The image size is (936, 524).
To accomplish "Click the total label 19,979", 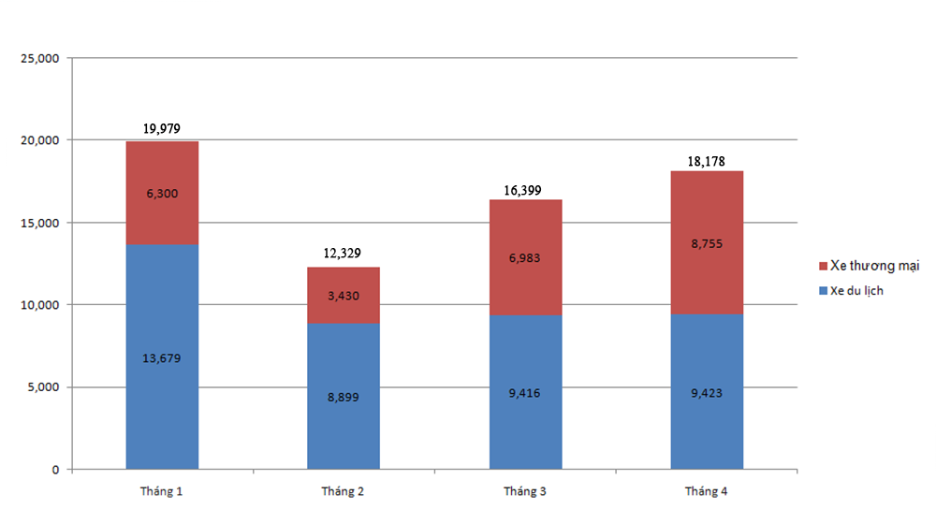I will coord(162,129).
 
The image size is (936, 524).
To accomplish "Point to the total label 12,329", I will coord(344,254).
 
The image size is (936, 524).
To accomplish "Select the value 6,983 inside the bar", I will coord(525,257).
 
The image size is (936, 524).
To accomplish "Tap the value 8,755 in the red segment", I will coord(707,243).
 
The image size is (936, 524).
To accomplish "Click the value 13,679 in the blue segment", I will coord(162,357).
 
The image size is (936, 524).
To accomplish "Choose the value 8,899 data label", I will coord(344,397).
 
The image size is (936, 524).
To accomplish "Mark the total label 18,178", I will coord(707,161).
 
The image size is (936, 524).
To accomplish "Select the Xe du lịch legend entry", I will coord(856,291).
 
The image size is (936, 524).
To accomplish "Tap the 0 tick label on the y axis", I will coord(55,470).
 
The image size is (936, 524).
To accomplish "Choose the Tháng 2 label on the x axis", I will coord(344,492).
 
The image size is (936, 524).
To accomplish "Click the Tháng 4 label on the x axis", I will coord(707,492).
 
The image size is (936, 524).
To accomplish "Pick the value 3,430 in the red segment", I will coord(344,296).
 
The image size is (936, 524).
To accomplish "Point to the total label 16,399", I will coord(525,190).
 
